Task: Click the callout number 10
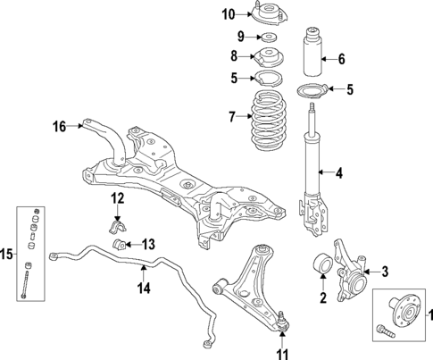228,13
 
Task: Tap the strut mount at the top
266,15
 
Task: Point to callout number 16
58,126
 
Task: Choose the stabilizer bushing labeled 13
119,244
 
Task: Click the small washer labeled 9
266,38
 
